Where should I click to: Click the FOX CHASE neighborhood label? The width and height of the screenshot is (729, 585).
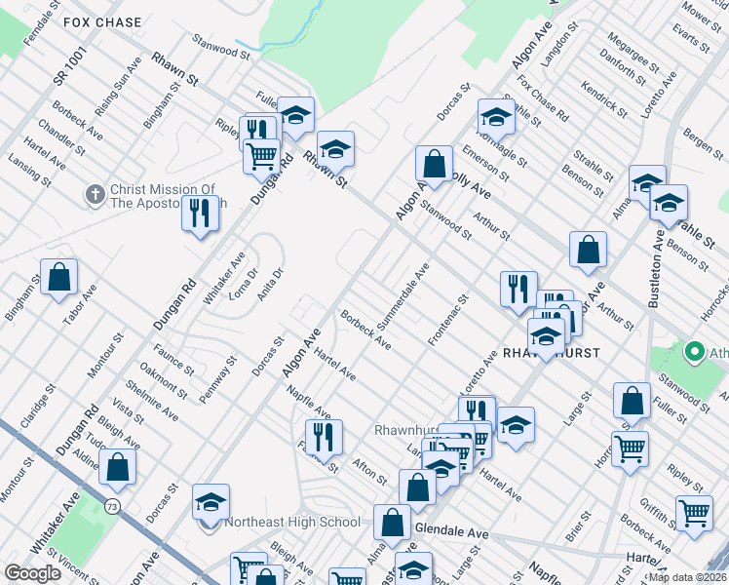click(102, 21)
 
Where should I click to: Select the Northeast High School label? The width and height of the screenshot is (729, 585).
click(292, 522)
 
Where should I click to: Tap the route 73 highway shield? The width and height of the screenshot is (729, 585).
click(113, 506)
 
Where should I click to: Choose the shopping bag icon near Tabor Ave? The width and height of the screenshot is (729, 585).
click(59, 278)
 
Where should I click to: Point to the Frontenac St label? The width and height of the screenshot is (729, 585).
click(448, 322)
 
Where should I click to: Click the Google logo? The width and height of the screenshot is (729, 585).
click(32, 573)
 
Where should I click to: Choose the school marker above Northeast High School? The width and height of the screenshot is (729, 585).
click(211, 502)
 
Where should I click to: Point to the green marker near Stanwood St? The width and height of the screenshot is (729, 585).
click(695, 350)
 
